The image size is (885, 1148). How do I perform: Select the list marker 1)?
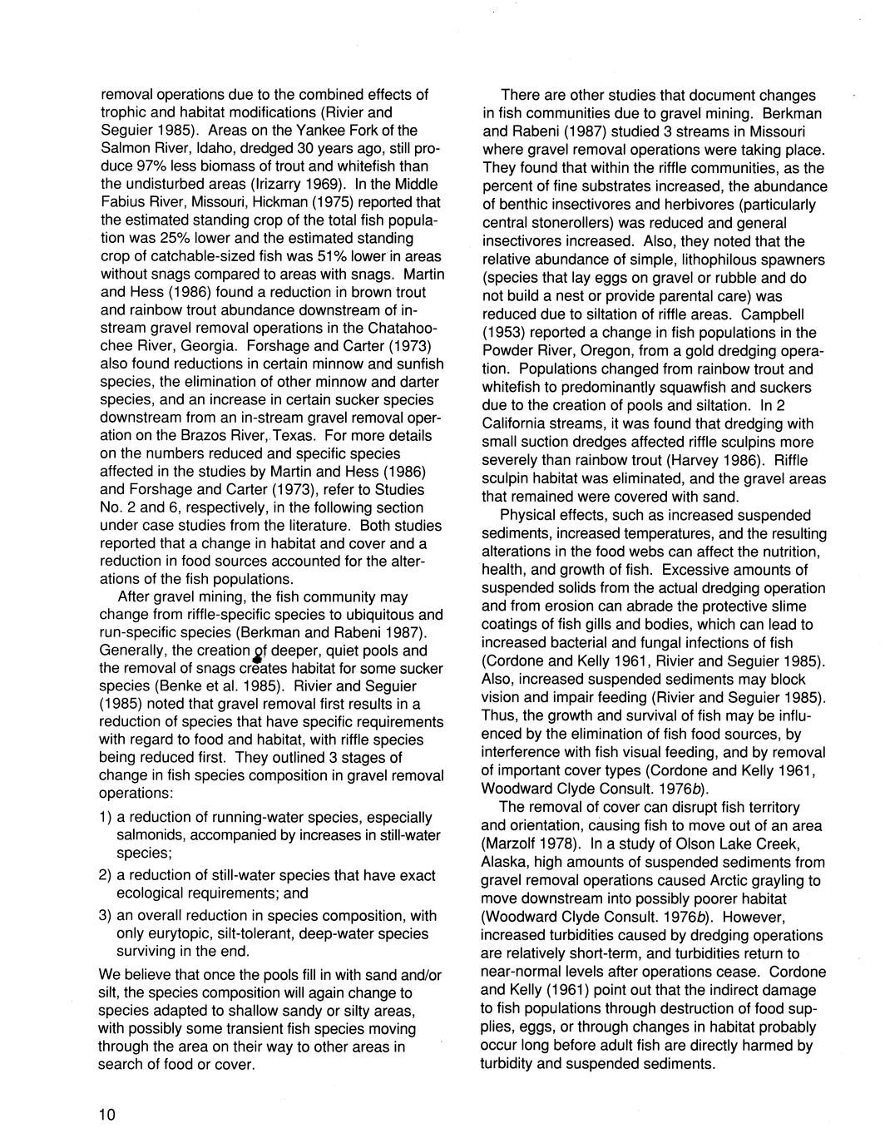(106, 818)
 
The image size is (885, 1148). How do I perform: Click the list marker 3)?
(106, 916)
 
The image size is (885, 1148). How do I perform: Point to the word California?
(515, 424)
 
